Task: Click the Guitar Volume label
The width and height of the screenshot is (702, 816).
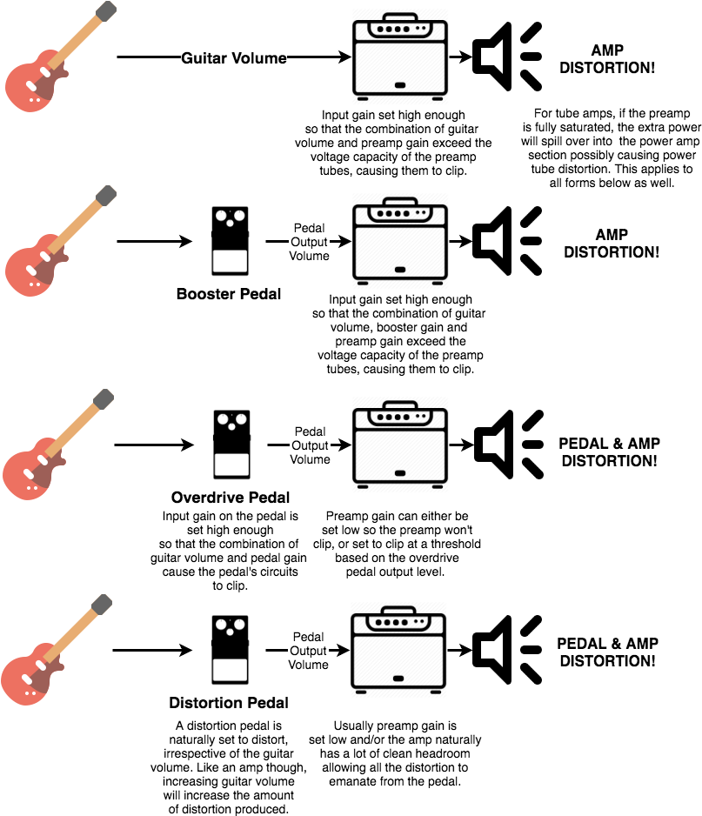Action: coord(233,59)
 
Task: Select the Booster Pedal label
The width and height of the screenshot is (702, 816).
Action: coord(229,294)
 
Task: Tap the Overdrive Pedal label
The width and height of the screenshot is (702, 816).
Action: coord(231,498)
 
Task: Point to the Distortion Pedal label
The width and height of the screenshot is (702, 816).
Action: coord(229,703)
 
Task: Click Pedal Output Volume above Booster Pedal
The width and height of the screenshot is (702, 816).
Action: coord(310,242)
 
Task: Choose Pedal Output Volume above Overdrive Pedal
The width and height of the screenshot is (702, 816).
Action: coord(310,445)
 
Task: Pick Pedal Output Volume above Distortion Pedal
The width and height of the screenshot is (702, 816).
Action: coord(309,651)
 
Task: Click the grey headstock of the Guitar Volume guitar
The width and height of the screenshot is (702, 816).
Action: coord(105,11)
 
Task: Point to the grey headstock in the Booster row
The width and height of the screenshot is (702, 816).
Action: coord(105,195)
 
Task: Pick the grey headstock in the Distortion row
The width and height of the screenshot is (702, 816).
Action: coord(102,604)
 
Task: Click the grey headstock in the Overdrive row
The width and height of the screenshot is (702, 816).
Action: coord(103,399)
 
